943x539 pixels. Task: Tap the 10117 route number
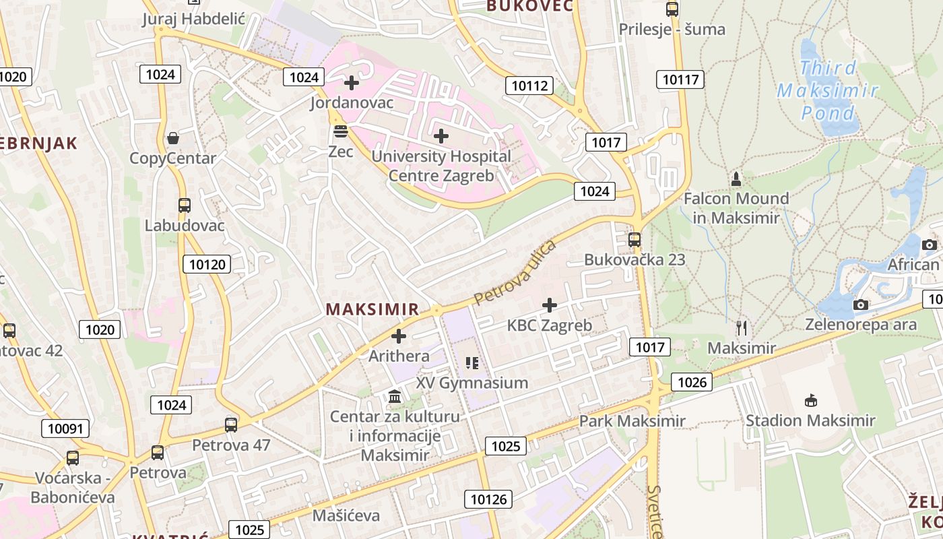pyautogui.click(x=680, y=80)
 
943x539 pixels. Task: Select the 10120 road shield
pyautogui.click(x=207, y=264)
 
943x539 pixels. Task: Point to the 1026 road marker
pyautogui.click(x=692, y=383)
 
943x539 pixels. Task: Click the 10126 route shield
pyautogui.click(x=488, y=499)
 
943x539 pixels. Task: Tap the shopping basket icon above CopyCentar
pyautogui.click(x=173, y=138)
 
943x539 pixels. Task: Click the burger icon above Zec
pyautogui.click(x=340, y=131)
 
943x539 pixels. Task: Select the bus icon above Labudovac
pyautogui.click(x=185, y=205)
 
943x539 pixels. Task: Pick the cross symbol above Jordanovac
pyautogui.click(x=351, y=83)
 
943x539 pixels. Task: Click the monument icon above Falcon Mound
pyautogui.click(x=736, y=179)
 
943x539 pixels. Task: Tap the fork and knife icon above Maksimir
pyautogui.click(x=742, y=328)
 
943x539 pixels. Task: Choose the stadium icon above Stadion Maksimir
pyautogui.click(x=810, y=400)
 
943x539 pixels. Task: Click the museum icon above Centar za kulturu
pyautogui.click(x=395, y=396)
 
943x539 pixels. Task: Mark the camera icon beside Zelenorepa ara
pyautogui.click(x=860, y=305)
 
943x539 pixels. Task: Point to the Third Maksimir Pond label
pyautogui.click(x=827, y=90)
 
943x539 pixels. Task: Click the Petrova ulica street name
pyautogui.click(x=515, y=272)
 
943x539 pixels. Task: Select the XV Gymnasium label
pyautogui.click(x=471, y=383)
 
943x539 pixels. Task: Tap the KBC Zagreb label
pyautogui.click(x=549, y=325)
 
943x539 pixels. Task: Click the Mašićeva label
pyautogui.click(x=346, y=515)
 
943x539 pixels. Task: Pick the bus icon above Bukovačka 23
pyautogui.click(x=634, y=239)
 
